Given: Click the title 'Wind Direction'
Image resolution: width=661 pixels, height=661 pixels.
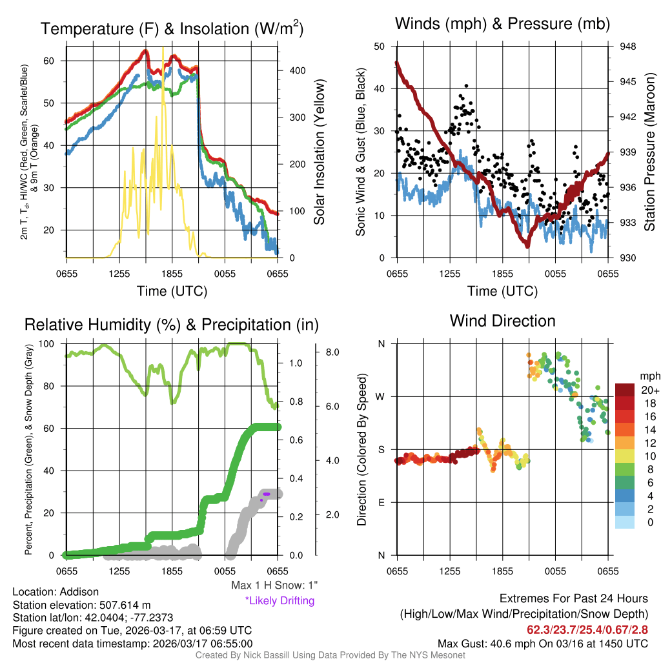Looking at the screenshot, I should (x=502, y=321).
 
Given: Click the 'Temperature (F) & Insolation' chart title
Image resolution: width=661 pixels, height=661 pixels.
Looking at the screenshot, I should (x=172, y=29).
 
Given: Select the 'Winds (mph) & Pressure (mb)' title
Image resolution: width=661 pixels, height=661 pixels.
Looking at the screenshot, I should (x=502, y=24).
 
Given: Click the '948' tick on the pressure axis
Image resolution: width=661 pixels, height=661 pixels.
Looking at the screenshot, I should (x=627, y=46).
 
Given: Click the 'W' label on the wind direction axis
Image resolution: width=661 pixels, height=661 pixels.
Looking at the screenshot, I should (x=381, y=396).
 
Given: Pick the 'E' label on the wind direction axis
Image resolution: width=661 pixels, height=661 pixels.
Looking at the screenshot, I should (x=381, y=502).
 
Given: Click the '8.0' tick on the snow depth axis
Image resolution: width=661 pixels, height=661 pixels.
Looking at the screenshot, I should (x=333, y=352).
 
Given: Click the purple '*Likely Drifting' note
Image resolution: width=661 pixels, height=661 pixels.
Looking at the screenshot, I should (x=280, y=600).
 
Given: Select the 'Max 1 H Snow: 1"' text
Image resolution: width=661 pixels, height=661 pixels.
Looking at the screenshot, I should (x=274, y=585).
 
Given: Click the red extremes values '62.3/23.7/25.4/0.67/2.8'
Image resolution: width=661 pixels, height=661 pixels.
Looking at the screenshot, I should (x=587, y=629).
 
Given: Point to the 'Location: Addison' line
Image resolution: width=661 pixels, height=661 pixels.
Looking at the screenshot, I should (x=56, y=592).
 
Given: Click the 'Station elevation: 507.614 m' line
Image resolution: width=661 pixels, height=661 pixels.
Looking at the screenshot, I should (x=81, y=605).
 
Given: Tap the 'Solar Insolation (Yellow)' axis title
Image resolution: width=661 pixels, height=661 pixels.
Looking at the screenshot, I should (x=320, y=152).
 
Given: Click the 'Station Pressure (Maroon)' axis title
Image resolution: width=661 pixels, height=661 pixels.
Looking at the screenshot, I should (x=649, y=152).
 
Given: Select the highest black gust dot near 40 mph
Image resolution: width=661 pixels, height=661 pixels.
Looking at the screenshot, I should (x=466, y=86).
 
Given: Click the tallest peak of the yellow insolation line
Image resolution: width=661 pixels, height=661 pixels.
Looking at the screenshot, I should (x=163, y=48).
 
